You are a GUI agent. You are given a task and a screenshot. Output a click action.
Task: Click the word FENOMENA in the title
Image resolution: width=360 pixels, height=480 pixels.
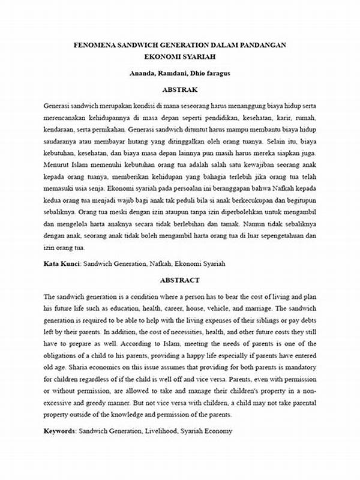tap(95, 44)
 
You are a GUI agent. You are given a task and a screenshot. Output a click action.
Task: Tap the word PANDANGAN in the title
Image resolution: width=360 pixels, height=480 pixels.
tap(260, 44)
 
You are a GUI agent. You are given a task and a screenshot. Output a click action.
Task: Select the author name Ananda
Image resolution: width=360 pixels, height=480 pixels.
tap(145, 73)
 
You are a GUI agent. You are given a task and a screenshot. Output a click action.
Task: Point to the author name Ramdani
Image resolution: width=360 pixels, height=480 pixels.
tap(178, 73)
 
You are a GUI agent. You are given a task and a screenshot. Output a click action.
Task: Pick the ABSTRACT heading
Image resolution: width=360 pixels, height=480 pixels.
tap(179, 280)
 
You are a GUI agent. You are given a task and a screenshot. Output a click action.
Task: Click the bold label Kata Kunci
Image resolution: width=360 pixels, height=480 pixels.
tap(62, 263)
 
